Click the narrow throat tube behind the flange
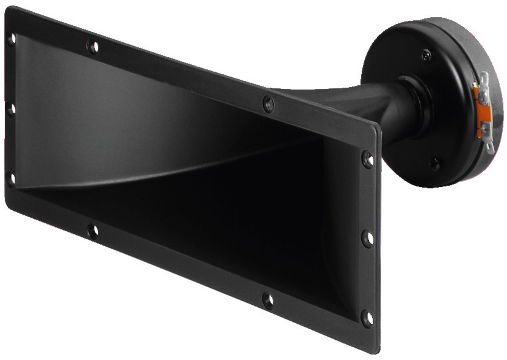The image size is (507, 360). click(367, 107)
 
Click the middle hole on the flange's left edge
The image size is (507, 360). click(11, 109)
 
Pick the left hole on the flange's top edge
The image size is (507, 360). click(93, 47)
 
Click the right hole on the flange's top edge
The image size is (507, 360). click(268, 104)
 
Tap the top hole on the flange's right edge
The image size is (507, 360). click(368, 159)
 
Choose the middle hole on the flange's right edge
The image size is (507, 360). click(367, 239)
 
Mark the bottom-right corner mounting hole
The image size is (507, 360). click(367, 318)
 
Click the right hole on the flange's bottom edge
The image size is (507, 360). click(268, 300)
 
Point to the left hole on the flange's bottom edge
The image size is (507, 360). click(93, 231)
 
